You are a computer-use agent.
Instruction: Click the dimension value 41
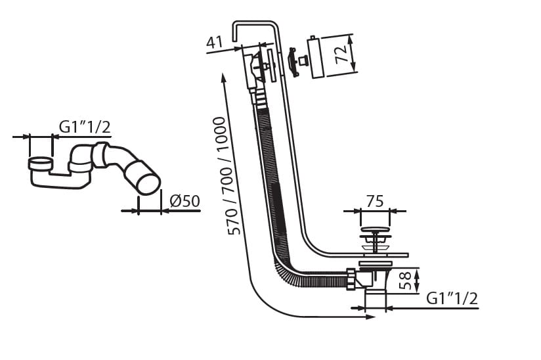point(214,43)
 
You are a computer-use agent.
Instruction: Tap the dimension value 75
point(374,202)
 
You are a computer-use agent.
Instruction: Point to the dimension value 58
point(407,281)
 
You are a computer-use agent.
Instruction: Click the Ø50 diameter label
point(184,202)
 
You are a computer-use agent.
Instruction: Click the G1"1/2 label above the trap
point(85,127)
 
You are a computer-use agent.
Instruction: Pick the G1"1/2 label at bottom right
point(452,298)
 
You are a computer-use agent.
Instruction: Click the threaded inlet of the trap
point(41,162)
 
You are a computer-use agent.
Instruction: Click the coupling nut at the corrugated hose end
point(351,279)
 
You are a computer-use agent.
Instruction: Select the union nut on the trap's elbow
point(101,155)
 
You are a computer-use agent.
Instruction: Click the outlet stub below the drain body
point(375,300)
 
